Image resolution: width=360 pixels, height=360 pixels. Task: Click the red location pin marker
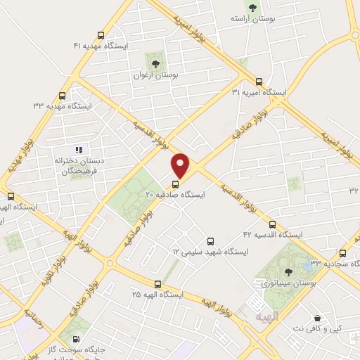(181, 165)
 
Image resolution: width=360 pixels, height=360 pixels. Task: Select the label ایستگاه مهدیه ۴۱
(102, 45)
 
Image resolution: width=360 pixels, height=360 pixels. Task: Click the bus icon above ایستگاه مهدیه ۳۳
(63, 96)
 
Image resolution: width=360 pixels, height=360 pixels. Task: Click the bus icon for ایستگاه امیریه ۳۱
(259, 82)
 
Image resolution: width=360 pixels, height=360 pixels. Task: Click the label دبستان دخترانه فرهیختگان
(79, 165)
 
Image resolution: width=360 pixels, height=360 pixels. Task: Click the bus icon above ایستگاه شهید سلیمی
(209, 241)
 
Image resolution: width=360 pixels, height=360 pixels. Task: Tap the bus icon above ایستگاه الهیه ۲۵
(157, 284)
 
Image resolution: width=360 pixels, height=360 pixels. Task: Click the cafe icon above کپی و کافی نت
(318, 318)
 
